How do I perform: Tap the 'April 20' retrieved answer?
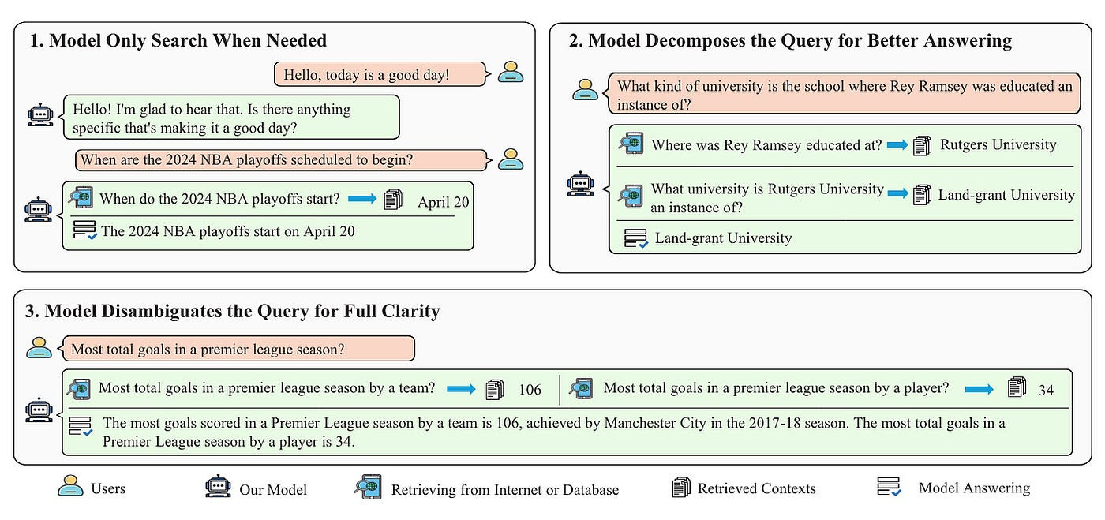click(x=443, y=202)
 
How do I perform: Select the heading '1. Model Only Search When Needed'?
click(x=178, y=41)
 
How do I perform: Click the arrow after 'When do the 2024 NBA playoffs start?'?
click(x=361, y=199)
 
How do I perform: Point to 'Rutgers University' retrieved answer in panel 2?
click(x=998, y=144)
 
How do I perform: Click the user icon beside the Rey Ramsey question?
click(x=585, y=88)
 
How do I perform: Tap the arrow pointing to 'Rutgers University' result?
click(x=897, y=145)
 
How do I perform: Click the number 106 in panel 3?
click(x=530, y=389)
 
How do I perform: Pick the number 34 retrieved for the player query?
click(x=1046, y=389)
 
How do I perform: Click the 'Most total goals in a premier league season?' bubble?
click(x=238, y=348)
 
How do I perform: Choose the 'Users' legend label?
click(x=108, y=488)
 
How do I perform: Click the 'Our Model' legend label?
click(x=273, y=489)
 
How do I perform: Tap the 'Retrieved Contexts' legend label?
click(x=756, y=488)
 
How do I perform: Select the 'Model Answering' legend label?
click(x=974, y=488)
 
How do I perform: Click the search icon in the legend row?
click(x=367, y=488)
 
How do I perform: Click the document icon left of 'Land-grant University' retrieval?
click(x=922, y=194)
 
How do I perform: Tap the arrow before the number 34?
click(x=980, y=388)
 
